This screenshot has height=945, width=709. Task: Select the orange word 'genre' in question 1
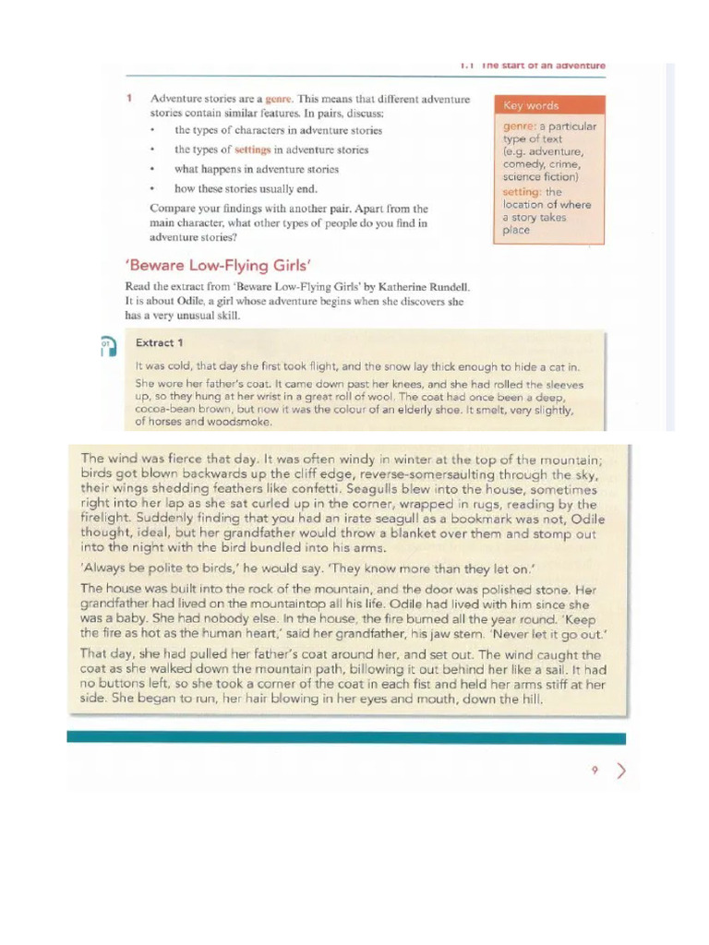pos(277,98)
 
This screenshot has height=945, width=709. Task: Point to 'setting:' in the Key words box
pos(523,192)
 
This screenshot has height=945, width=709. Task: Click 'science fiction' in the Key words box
pos(540,176)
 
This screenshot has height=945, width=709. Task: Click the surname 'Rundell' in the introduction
pos(445,287)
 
